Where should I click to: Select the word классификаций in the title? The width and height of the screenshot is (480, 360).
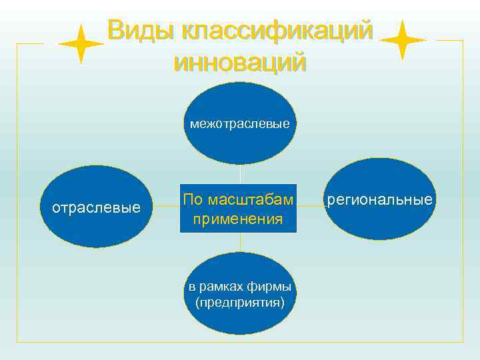277,31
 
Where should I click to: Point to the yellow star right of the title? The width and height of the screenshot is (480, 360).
403,40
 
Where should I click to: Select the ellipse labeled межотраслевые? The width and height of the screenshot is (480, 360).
240,143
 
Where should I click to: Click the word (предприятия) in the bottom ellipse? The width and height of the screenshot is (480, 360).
240,303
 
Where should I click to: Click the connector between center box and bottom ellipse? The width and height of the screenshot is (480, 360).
240,243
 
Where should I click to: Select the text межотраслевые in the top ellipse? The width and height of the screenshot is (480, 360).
240,123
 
